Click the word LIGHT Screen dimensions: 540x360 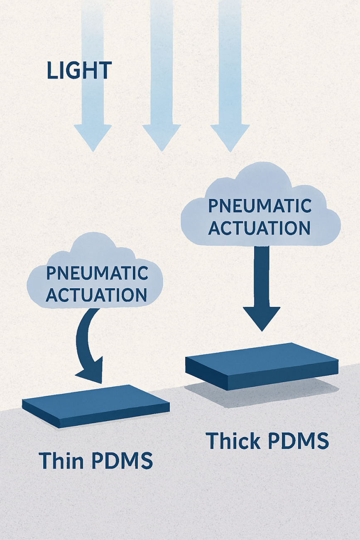point(79,71)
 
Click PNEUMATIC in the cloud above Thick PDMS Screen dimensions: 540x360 point(260,206)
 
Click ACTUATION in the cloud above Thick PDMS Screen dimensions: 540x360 point(260,228)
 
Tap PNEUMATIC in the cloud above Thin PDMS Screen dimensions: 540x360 point(97,273)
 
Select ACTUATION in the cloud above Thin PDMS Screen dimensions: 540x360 point(96,295)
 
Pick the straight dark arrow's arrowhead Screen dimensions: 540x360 point(262,317)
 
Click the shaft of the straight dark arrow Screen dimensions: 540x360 point(262,274)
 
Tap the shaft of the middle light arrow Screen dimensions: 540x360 point(162,62)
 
